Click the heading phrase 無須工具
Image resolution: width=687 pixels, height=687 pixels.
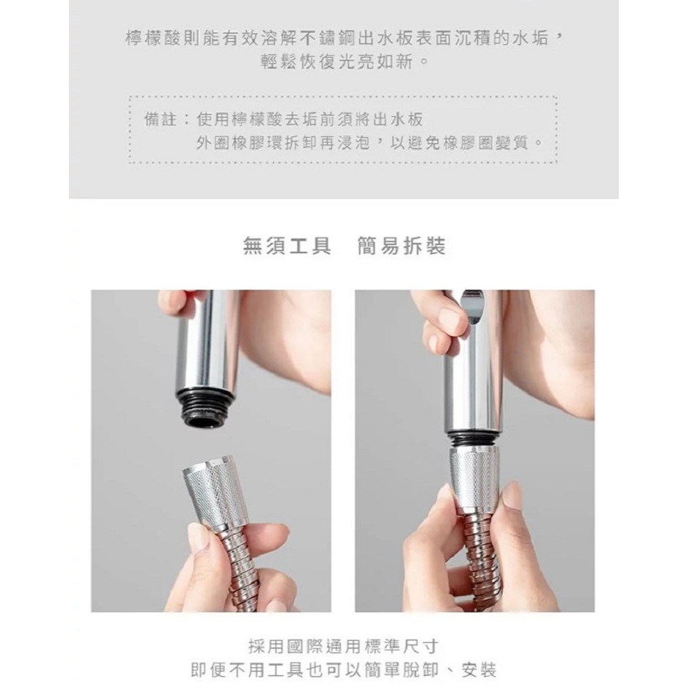[287, 246]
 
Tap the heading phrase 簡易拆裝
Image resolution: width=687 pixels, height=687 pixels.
[401, 246]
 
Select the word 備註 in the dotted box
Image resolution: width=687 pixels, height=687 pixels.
[160, 120]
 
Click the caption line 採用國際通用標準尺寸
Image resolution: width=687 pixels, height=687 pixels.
[343, 646]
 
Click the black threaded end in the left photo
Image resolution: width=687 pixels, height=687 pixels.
[205, 414]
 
